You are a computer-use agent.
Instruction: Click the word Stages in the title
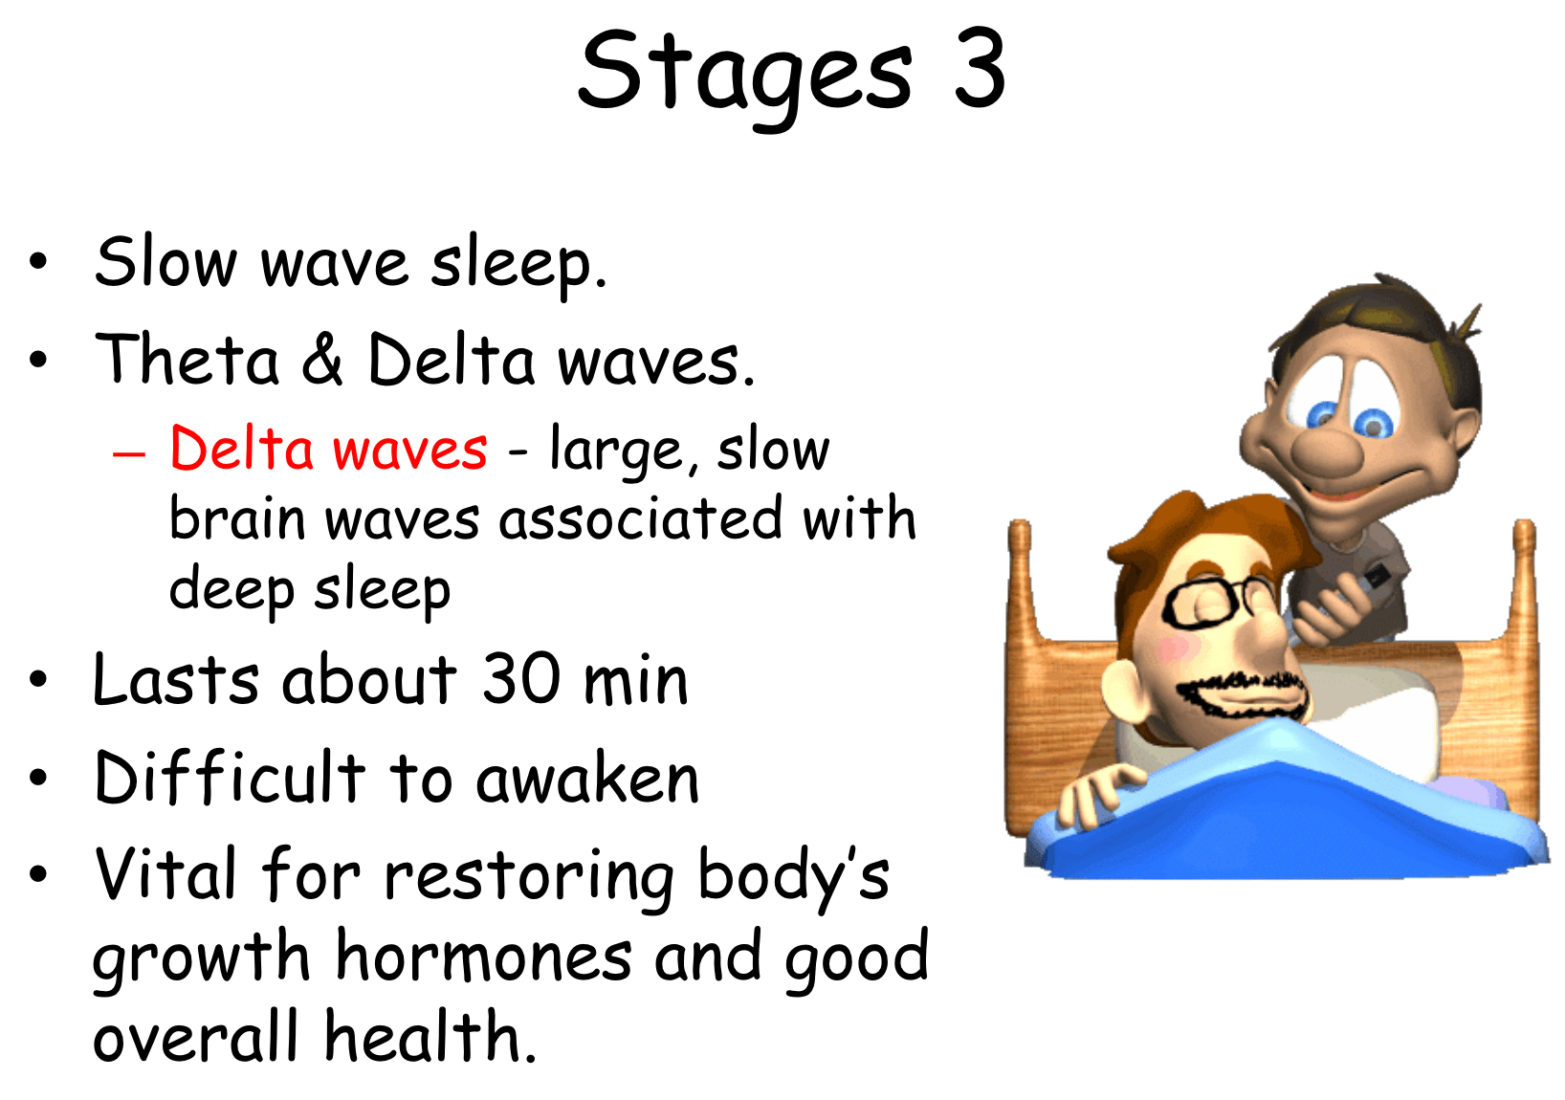pos(745,77)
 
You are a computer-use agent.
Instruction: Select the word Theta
pos(187,359)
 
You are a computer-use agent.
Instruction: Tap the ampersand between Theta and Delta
pos(322,359)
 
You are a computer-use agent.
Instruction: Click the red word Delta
pos(241,448)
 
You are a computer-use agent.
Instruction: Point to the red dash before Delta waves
pos(128,453)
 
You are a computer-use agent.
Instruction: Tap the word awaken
pos(587,778)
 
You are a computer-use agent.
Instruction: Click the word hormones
pos(483,956)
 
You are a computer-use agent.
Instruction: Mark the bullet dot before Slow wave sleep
pos(38,261)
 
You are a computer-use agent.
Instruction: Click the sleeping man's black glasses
pos(1217,601)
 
